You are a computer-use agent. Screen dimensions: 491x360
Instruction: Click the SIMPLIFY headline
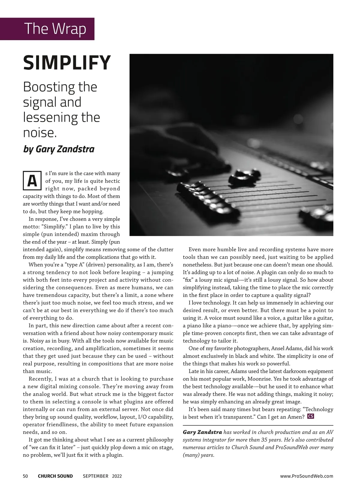coord(67,63)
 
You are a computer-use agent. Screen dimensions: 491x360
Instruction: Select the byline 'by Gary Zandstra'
coord(59,149)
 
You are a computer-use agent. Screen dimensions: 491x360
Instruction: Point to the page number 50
coord(25,476)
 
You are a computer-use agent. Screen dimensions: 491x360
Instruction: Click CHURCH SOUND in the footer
coord(55,476)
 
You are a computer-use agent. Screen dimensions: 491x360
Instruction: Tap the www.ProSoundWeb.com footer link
coord(307,476)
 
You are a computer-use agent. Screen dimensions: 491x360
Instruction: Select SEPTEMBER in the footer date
coord(95,476)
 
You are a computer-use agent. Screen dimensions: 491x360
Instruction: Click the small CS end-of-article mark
coord(311,416)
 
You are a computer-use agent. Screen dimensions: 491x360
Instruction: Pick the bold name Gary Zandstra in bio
coord(202,432)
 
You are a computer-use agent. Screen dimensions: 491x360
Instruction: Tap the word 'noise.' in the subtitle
coord(40,132)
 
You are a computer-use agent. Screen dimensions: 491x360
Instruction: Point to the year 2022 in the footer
coord(117,476)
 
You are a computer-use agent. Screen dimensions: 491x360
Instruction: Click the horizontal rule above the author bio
coord(258,425)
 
